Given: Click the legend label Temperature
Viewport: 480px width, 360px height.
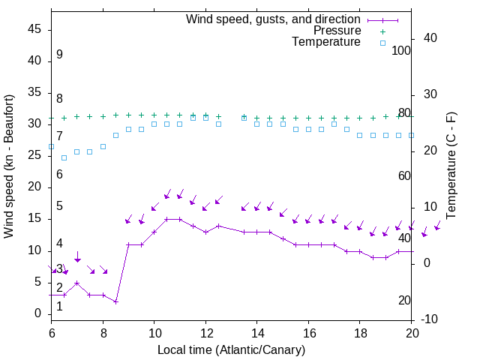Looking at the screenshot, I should [x=326, y=42].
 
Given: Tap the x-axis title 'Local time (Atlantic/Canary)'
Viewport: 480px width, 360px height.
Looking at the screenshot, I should [x=231, y=349].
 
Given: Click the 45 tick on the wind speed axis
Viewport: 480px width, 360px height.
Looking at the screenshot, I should [x=35, y=28].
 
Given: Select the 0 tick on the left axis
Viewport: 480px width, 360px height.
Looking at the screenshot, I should [x=38, y=313].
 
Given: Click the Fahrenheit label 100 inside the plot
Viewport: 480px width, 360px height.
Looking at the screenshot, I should [x=402, y=50].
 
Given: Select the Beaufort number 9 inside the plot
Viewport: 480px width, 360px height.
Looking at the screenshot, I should [x=59, y=55].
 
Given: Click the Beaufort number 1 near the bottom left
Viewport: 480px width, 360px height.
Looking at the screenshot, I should [x=59, y=306].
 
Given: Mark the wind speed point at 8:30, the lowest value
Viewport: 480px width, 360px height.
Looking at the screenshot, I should [x=115, y=301].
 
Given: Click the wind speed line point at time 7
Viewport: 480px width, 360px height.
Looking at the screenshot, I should [x=77, y=283].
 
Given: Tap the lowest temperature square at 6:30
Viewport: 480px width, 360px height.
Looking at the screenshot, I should [x=64, y=157].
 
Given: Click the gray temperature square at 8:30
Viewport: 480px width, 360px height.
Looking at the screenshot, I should [x=115, y=135].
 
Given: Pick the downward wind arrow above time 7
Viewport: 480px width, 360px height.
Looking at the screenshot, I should [x=77, y=257].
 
